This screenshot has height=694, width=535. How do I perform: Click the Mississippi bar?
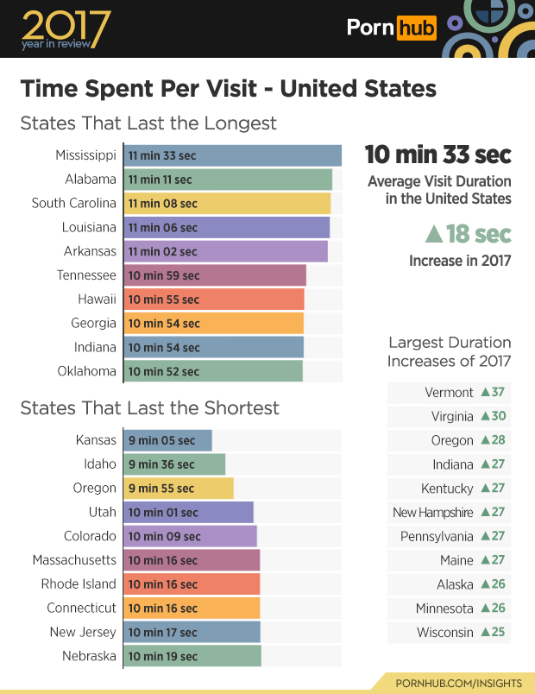[x=232, y=155]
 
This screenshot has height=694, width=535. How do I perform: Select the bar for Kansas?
[x=167, y=440]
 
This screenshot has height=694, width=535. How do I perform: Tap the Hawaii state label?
[x=97, y=300]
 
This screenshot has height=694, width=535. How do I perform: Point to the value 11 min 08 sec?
[x=163, y=204]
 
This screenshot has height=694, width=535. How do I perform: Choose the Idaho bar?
[x=174, y=464]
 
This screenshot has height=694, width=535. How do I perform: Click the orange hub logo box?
[x=417, y=28]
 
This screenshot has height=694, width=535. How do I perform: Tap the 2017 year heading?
[x=66, y=27]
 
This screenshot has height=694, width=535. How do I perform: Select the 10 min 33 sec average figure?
[x=437, y=155]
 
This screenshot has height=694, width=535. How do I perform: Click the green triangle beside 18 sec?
[x=435, y=235]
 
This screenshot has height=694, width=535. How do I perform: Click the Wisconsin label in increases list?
[x=445, y=632]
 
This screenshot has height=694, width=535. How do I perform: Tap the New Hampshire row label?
[x=433, y=513]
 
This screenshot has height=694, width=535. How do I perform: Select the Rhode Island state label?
[x=79, y=584]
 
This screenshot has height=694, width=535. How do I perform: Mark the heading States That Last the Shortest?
[x=149, y=407]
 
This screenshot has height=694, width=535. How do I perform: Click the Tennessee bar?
[x=215, y=275]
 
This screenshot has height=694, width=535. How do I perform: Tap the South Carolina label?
[x=73, y=204]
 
